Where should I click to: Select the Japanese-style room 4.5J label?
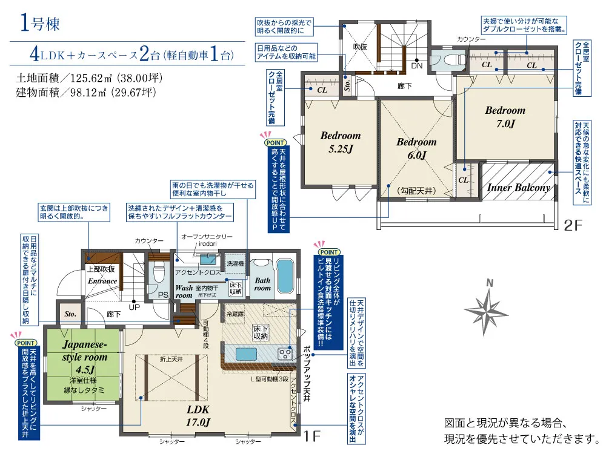pyautogui.click(x=85, y=357)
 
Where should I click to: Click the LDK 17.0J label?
pyautogui.click(x=198, y=416)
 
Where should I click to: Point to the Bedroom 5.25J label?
pyautogui.click(x=341, y=142)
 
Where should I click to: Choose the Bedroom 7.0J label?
pyautogui.click(x=505, y=117)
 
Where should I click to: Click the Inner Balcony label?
pyautogui.click(x=519, y=188)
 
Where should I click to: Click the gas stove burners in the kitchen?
pyautogui.click(x=285, y=354)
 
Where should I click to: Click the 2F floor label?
pyautogui.click(x=573, y=225)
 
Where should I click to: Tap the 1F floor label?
pyautogui.click(x=312, y=436)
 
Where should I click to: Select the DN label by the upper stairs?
pyautogui.click(x=417, y=65)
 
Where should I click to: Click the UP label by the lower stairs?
pyautogui.click(x=134, y=308)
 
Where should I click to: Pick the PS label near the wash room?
pyautogui.click(x=163, y=295)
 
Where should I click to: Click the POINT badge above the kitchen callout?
pyautogui.click(x=328, y=252)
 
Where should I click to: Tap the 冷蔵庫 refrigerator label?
pyautogui.click(x=235, y=314)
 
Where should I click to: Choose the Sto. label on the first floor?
pyautogui.click(x=70, y=314)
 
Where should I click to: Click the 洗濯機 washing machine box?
pyautogui.click(x=235, y=263)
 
